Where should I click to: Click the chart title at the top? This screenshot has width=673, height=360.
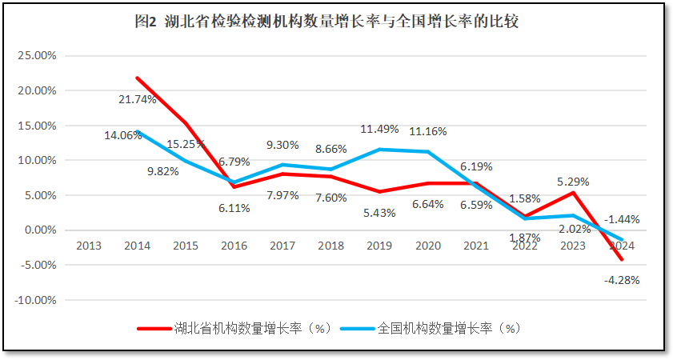click(336, 22)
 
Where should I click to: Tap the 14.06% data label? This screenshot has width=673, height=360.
click(122, 135)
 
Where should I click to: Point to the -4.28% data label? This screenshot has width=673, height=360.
click(621, 280)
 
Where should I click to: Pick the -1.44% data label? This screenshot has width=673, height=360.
click(621, 218)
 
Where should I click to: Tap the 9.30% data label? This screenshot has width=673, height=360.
click(283, 145)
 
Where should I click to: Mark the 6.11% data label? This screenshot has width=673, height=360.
click(234, 208)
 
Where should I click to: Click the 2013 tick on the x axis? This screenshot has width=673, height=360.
click(90, 246)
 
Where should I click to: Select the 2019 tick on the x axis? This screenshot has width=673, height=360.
click(379, 246)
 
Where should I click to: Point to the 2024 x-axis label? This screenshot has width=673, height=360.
click(621, 246)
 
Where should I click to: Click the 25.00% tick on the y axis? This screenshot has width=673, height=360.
click(37, 56)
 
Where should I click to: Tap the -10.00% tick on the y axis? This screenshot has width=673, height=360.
click(35, 300)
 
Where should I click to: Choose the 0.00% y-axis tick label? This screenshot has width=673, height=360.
click(39, 230)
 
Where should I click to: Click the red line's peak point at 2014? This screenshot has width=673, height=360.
click(138, 78)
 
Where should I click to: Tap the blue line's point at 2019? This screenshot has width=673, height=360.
click(379, 150)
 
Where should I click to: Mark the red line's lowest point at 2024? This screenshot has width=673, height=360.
click(621, 260)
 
